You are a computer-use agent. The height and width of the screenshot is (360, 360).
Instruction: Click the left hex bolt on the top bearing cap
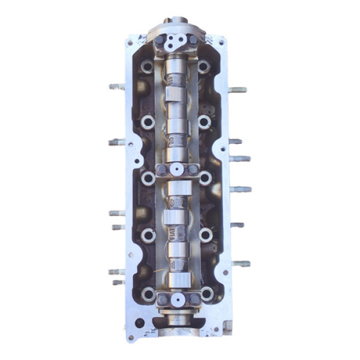(x=160, y=41)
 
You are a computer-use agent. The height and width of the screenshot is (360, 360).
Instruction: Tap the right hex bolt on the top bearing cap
(x=192, y=40)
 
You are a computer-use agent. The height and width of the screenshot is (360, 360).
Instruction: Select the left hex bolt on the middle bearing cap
(x=161, y=170)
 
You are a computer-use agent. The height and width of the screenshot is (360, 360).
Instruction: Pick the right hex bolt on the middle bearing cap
(x=193, y=170)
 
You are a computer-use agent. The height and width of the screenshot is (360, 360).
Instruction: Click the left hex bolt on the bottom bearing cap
(x=163, y=298)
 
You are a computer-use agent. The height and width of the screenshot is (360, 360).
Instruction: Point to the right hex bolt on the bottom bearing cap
(x=194, y=298)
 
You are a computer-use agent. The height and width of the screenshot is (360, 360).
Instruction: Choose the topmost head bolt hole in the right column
(x=204, y=66)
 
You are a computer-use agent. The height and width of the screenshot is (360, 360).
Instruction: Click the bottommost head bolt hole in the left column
(x=148, y=294)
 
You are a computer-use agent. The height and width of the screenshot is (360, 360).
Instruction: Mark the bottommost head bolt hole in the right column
(x=207, y=293)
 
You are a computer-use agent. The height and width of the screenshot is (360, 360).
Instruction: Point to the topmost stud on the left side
(x=116, y=86)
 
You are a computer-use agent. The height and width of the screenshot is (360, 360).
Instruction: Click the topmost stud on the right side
(x=238, y=90)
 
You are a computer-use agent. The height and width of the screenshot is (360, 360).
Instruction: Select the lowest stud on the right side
(x=241, y=263)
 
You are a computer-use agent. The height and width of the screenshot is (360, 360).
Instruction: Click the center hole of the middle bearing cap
(x=177, y=170)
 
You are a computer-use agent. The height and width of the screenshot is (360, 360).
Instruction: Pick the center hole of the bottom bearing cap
(x=178, y=299)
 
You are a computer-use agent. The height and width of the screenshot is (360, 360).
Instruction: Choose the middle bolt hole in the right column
(x=205, y=178)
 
